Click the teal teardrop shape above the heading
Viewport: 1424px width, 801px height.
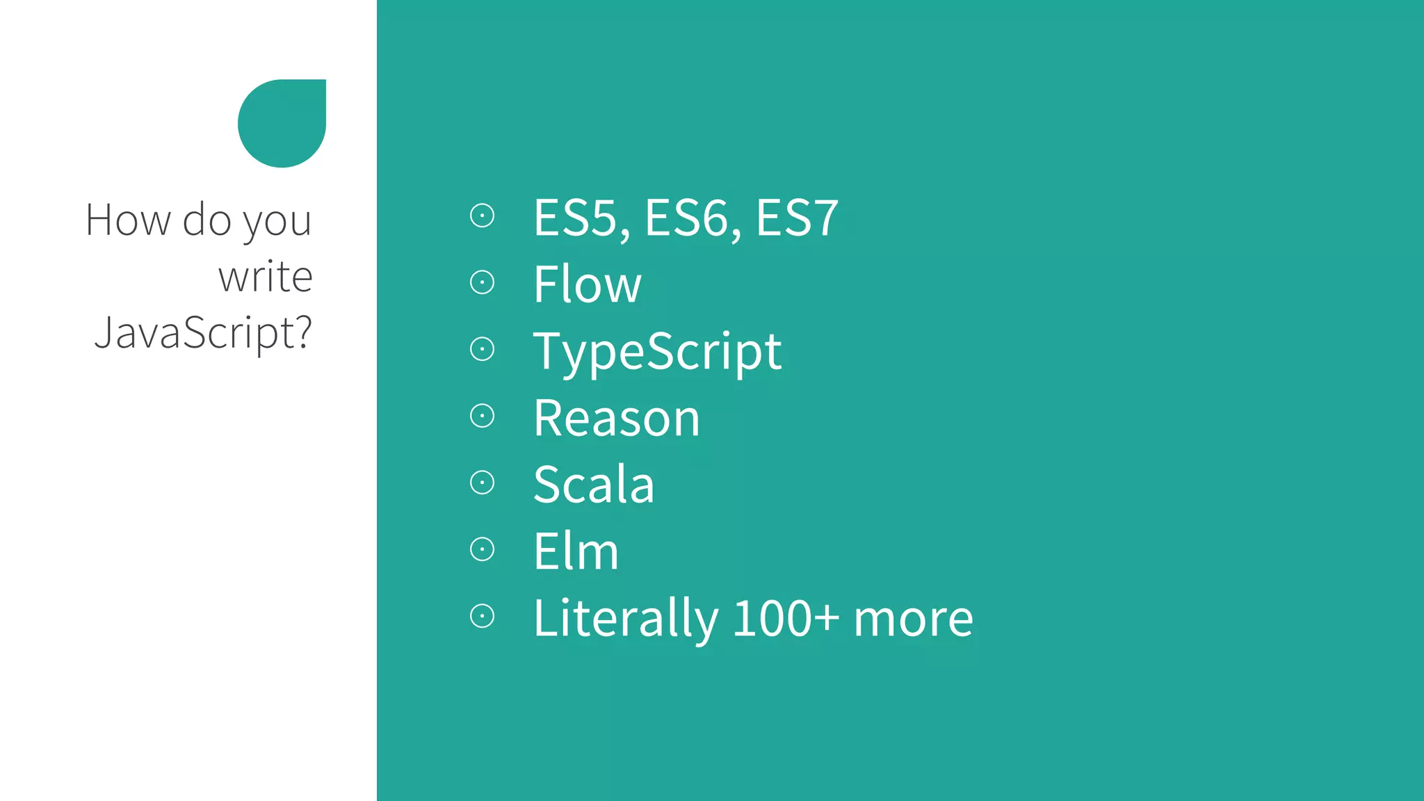point(282,123)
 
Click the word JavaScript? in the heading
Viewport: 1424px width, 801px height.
point(204,332)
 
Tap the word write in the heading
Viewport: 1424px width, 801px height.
point(265,277)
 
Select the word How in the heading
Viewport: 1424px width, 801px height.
point(128,220)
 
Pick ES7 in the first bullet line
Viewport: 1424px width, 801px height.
point(797,218)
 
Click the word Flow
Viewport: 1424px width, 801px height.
point(587,284)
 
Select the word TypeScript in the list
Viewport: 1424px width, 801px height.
point(657,352)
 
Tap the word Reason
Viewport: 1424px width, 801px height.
point(616,419)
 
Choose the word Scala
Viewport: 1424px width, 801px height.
point(594,485)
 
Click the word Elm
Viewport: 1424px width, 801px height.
point(576,551)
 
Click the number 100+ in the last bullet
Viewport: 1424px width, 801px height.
point(786,618)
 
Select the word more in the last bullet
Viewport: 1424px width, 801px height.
point(913,618)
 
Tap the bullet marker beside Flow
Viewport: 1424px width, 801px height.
point(482,282)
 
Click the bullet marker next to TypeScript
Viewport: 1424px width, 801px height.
point(482,349)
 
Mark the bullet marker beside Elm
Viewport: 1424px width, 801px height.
point(482,549)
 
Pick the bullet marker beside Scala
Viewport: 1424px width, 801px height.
point(482,483)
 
